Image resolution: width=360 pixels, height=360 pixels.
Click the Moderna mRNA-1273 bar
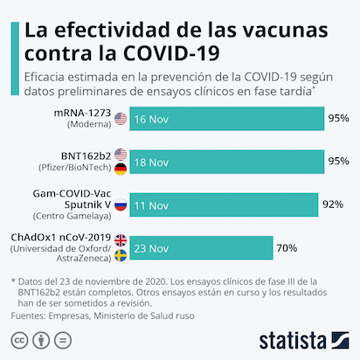click(227, 119)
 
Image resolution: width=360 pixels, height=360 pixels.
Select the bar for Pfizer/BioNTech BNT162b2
click(227, 162)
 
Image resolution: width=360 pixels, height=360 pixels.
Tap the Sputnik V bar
click(224, 204)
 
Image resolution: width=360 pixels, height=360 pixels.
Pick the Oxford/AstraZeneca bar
click(201, 248)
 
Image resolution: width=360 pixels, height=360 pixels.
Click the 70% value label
click(287, 248)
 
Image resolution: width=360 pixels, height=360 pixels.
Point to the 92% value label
click(333, 204)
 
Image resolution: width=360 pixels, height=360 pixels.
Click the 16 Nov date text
click(151, 120)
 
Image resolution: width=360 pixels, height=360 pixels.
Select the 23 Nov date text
click(151, 249)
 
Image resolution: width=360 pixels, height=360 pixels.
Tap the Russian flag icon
click(121, 205)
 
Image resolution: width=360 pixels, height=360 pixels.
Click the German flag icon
click(121, 170)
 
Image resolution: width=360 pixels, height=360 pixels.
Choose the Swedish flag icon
click(121, 255)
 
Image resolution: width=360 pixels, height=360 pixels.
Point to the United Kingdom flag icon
click(121, 240)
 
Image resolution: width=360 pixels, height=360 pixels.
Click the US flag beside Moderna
click(121, 119)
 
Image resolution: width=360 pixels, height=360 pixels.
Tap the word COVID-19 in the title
click(171, 53)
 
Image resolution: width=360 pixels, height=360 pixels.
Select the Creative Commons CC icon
click(19, 340)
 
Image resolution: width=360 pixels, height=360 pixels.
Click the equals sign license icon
click(63, 340)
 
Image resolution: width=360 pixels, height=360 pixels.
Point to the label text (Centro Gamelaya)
click(72, 216)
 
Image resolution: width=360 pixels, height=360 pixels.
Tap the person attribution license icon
click(41, 340)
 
